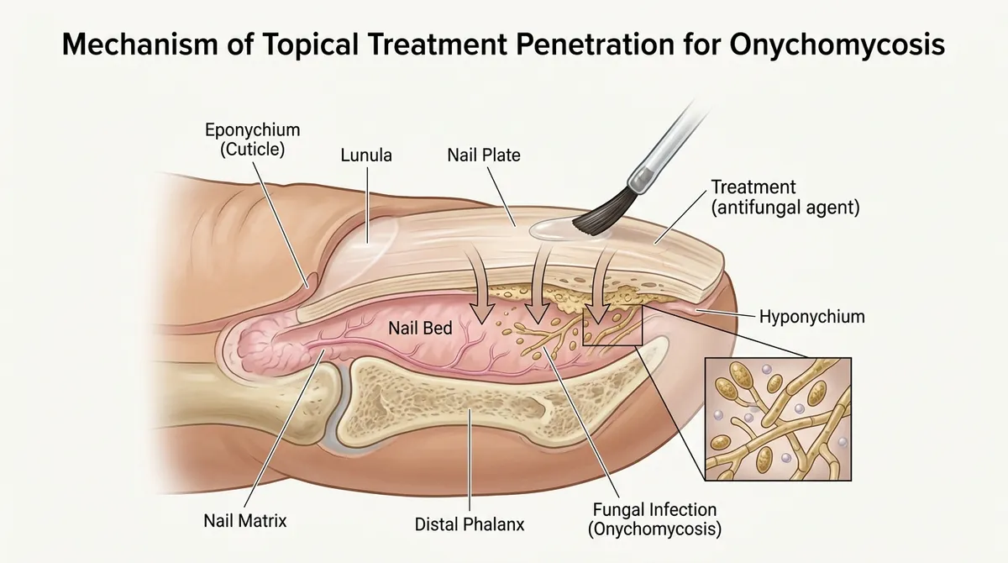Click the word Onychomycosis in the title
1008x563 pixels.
click(x=837, y=45)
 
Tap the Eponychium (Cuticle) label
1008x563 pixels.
click(x=253, y=139)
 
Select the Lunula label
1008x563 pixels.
click(x=366, y=155)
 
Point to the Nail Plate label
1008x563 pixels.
click(x=484, y=155)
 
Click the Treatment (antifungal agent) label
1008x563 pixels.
click(x=785, y=197)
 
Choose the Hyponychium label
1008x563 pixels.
click(x=812, y=317)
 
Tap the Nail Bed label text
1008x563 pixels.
click(x=420, y=328)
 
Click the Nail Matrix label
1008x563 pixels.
click(x=245, y=521)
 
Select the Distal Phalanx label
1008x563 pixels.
click(x=470, y=524)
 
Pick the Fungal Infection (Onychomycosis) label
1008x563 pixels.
click(x=654, y=519)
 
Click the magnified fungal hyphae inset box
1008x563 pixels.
click(x=778, y=419)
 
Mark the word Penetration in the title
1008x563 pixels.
click(x=595, y=45)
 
